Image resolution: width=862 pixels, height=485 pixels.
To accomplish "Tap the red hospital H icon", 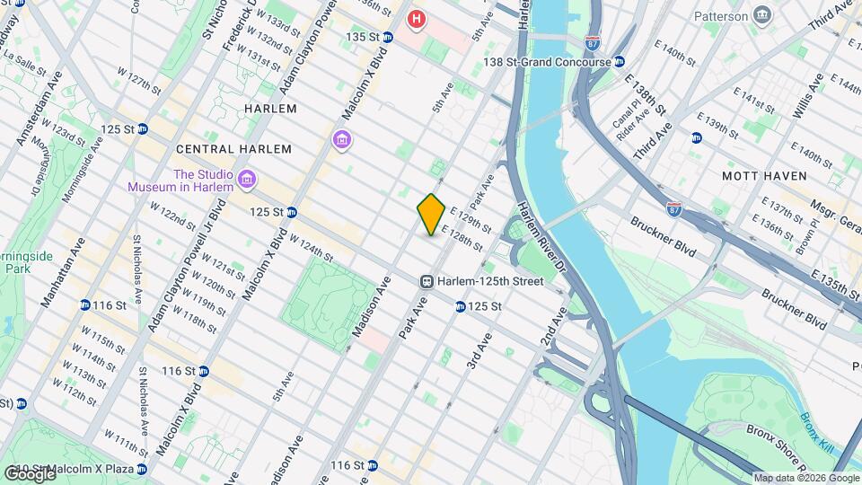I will coord(416,18).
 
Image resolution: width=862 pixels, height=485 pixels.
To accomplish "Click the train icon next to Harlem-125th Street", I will coord(428,281).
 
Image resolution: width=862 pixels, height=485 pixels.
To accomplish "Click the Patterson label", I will coord(720,16).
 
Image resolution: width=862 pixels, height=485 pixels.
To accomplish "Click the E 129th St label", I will coord(471,218).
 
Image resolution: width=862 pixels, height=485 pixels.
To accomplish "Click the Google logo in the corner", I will coord(30,474).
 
